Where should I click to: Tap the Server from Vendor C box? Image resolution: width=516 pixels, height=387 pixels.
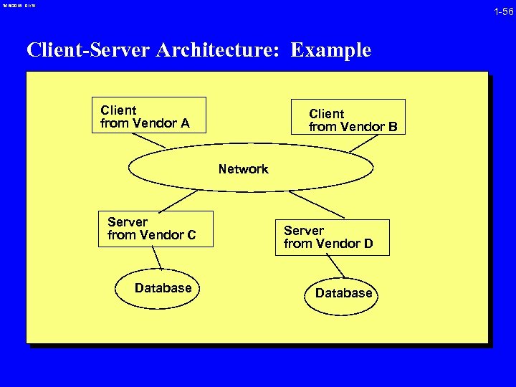(156, 229)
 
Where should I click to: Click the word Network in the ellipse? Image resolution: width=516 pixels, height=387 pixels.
(243, 169)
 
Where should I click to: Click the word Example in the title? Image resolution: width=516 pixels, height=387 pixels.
(331, 50)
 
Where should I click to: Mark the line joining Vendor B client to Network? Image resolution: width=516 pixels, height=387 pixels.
(363, 143)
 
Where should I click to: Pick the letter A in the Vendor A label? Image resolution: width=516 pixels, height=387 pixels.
(185, 123)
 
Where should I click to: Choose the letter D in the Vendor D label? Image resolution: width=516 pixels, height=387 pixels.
(368, 244)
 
